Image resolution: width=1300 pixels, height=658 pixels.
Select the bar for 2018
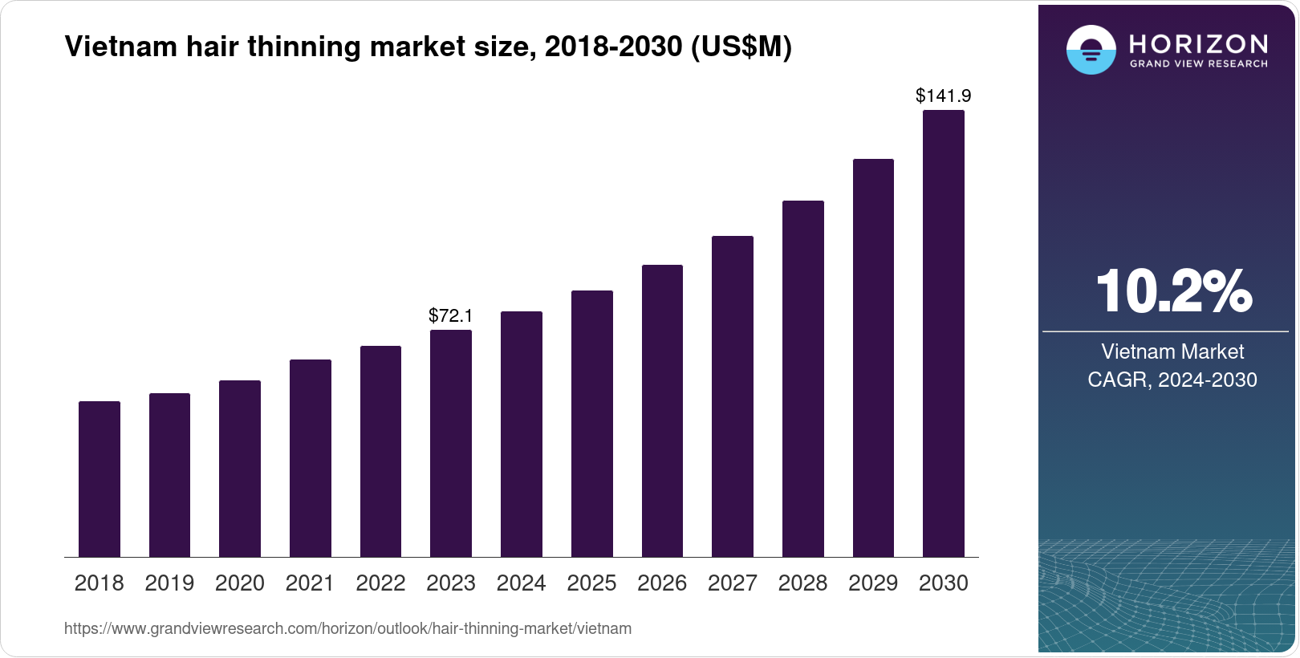point(100,479)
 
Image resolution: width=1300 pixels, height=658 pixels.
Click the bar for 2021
point(311,458)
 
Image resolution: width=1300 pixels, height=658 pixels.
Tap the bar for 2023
point(451,443)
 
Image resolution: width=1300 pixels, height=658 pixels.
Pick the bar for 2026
point(662,411)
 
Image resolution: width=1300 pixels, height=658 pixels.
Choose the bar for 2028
point(802,379)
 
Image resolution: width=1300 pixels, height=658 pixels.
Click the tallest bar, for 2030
point(944,334)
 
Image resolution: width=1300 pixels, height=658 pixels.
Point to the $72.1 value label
point(451,315)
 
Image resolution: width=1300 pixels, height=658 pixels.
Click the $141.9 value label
point(943,96)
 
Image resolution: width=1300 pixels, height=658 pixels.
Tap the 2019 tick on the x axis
point(169,583)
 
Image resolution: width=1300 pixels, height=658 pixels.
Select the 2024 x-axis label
point(521,583)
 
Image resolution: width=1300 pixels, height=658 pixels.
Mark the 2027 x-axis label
point(732,583)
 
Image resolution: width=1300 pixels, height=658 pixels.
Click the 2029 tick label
point(873,583)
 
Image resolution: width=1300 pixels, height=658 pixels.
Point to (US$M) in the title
point(741,47)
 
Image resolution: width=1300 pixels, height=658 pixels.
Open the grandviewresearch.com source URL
point(347,629)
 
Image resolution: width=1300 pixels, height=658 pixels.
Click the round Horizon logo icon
point(1091,50)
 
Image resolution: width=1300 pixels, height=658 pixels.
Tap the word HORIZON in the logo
point(1198,43)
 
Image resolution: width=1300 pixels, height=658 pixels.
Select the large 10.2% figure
point(1172,291)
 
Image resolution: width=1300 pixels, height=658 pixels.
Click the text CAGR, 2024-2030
point(1172,380)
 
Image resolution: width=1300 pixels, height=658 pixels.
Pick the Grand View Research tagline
point(1198,64)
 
